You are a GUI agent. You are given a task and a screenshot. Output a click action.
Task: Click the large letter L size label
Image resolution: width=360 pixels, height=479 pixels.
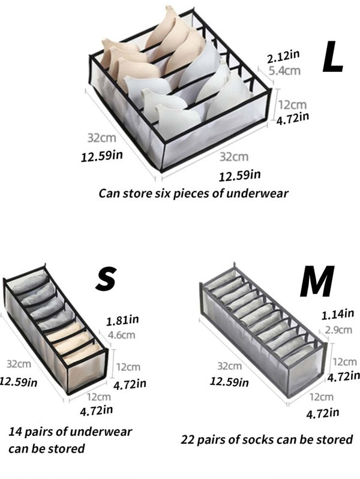(332, 58)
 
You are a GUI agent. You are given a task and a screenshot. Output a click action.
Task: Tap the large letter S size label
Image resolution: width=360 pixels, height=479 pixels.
(106, 279)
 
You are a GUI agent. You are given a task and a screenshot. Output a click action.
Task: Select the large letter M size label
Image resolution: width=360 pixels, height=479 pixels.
(317, 281)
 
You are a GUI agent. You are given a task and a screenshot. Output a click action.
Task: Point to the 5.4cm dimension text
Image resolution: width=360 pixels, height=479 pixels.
(284, 71)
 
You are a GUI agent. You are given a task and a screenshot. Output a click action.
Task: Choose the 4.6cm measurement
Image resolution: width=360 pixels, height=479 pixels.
(121, 335)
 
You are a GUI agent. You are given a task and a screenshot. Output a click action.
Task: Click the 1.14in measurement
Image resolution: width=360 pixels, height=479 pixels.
(338, 314)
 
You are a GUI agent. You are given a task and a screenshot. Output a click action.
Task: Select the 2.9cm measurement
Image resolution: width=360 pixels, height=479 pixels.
(338, 330)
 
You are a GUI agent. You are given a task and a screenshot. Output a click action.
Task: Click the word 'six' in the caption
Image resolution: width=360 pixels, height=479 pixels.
(163, 194)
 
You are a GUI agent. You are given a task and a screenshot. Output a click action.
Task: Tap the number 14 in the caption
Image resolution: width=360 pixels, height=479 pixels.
(14, 432)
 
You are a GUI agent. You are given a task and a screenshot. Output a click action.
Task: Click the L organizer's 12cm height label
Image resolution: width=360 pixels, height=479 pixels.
(292, 105)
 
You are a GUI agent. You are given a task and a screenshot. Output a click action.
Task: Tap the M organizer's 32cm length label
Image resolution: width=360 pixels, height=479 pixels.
(230, 366)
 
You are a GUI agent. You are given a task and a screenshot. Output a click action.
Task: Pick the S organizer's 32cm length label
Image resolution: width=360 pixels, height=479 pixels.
(19, 364)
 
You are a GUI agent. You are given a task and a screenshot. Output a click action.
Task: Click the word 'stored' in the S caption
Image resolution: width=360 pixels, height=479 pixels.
(67, 448)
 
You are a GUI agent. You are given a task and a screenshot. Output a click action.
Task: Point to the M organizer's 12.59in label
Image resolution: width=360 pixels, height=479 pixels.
(229, 381)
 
